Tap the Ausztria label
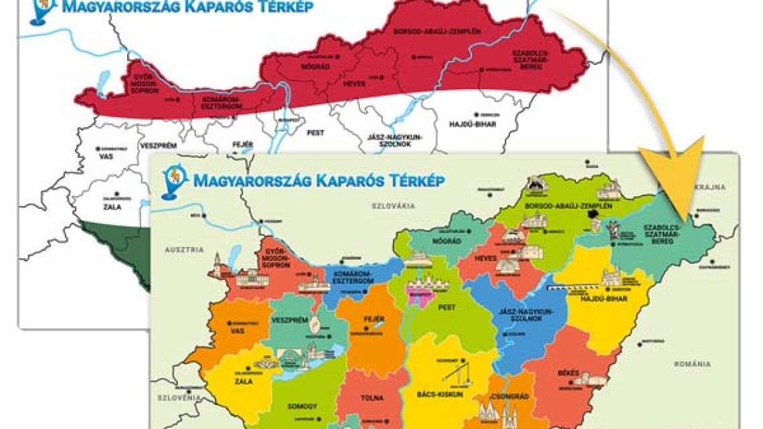coord(183,249)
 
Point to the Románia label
coord(692,364)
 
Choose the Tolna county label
coord(372,398)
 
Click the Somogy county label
coord(301,406)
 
